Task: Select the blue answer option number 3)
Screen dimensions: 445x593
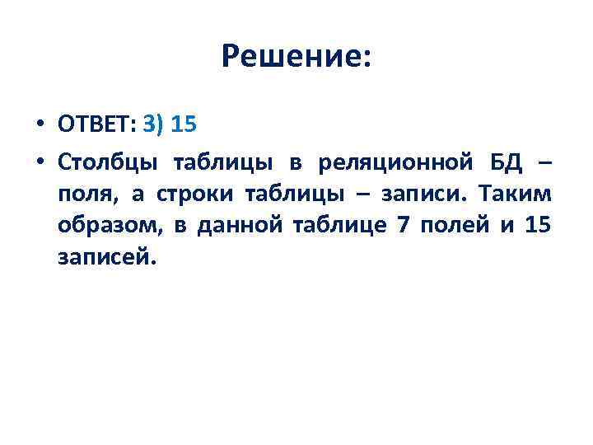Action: click(x=154, y=125)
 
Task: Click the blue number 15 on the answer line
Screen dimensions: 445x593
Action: click(x=185, y=125)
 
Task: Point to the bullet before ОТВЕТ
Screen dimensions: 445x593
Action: click(x=40, y=125)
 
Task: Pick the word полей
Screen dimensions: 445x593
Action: click(x=454, y=225)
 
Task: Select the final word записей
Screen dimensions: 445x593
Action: click(x=105, y=257)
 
